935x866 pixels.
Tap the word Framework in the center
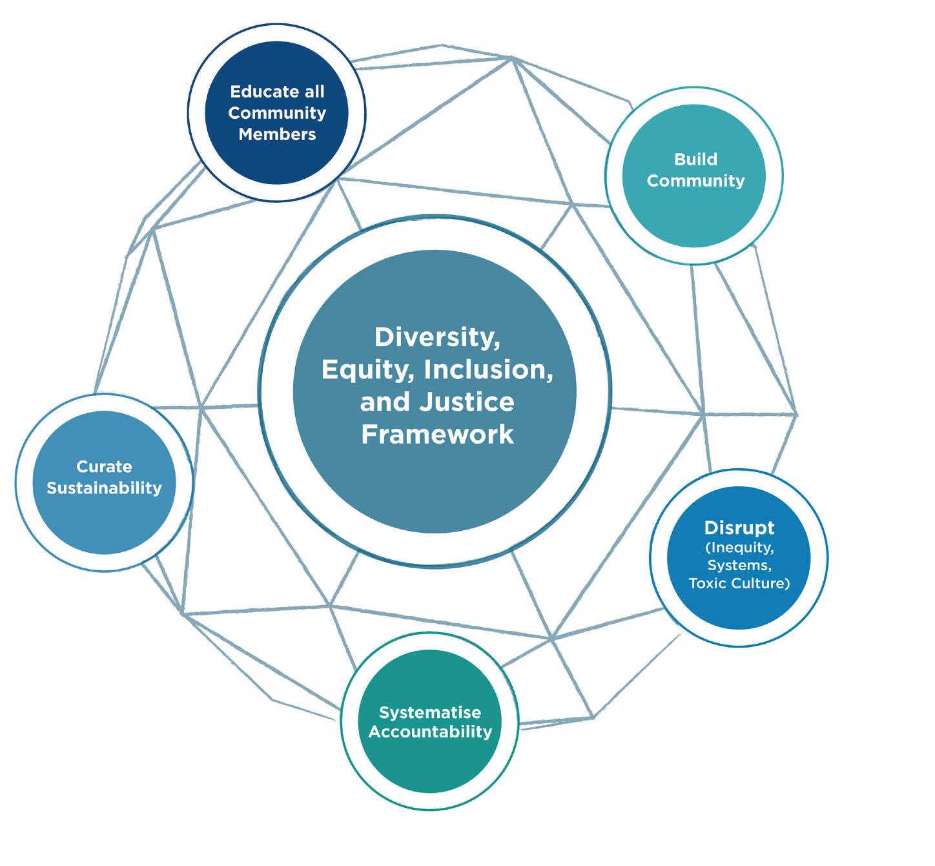pos(437,434)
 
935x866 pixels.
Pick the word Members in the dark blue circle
pos(277,134)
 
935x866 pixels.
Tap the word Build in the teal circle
pos(695,159)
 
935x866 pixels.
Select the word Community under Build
pos(695,180)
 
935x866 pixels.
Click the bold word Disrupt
pos(739,528)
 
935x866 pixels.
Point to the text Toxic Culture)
pos(739,584)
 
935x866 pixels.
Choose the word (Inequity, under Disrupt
pos(739,548)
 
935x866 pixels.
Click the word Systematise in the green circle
pos(429,712)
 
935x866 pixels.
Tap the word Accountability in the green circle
pos(429,732)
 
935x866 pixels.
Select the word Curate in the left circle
pos(104,466)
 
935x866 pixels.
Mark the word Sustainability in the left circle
pos(104,488)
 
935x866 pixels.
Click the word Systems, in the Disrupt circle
pos(739,566)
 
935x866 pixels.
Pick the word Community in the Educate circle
pos(277,113)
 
